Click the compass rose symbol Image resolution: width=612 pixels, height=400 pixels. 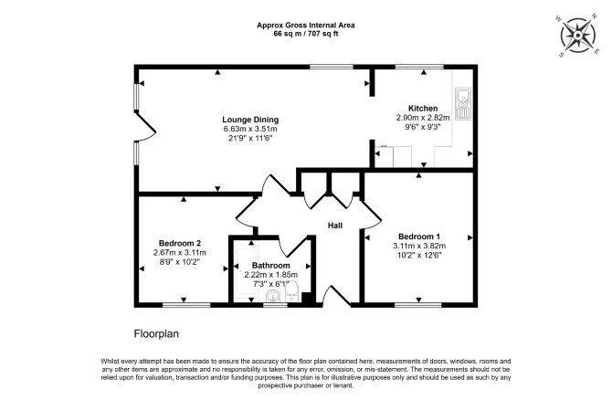click(x=577, y=36)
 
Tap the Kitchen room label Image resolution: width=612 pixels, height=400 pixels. click(x=423, y=108)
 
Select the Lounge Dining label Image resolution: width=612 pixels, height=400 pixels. click(x=250, y=120)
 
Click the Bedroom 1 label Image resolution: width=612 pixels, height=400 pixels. click(x=418, y=237)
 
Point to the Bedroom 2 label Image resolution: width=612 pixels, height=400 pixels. click(x=180, y=243)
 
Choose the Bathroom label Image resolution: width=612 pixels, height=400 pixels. click(x=271, y=266)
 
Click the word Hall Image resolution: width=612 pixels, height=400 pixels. click(x=335, y=226)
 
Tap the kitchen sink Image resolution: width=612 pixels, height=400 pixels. click(x=463, y=103)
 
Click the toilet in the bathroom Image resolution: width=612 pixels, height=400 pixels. click(x=292, y=292)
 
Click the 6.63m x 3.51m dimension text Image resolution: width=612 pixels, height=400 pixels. click(x=250, y=129)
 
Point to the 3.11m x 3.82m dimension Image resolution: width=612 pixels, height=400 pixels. click(x=419, y=246)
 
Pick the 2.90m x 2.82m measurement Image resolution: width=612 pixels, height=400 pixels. click(x=423, y=118)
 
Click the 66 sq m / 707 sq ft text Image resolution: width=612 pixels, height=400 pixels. click(x=306, y=34)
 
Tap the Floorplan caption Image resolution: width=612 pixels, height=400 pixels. click(x=156, y=334)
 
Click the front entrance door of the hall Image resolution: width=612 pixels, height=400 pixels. click(x=336, y=297)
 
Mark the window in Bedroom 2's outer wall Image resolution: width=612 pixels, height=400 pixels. click(x=186, y=305)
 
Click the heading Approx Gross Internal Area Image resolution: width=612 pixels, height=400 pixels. click(x=306, y=26)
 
